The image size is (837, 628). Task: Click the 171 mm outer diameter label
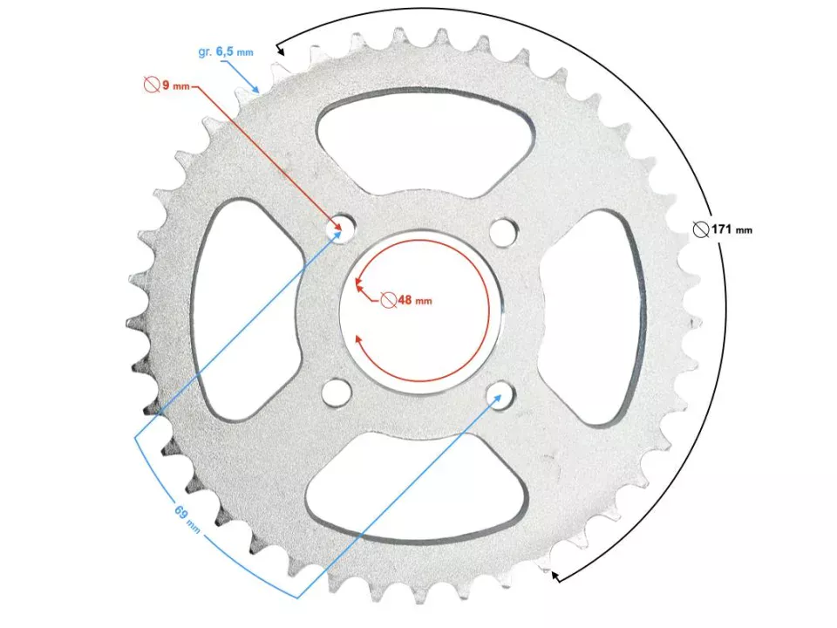[x=723, y=229]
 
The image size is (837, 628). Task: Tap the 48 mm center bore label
[x=406, y=300]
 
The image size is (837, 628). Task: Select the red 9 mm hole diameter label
[x=167, y=85]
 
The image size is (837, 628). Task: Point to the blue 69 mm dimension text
[x=187, y=519]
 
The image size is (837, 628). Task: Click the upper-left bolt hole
[x=341, y=228]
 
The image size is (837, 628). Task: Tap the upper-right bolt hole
[x=504, y=231]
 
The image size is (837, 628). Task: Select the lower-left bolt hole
[x=337, y=392]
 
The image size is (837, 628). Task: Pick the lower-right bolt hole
[x=500, y=396]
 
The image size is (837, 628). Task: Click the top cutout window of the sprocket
[x=425, y=142]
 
